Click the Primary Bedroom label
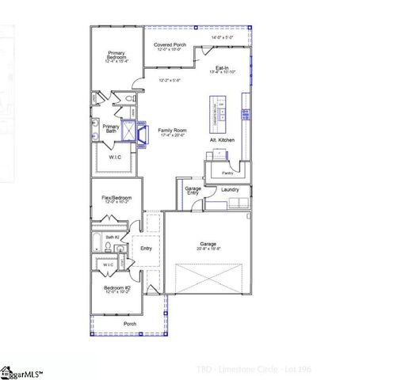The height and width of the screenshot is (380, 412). (x=116, y=55)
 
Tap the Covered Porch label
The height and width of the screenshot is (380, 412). (x=170, y=45)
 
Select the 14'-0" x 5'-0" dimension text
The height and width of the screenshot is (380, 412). (x=223, y=37)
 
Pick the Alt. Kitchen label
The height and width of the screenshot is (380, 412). (x=222, y=140)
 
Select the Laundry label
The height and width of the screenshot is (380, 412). (x=230, y=190)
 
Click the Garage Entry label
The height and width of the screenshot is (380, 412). (x=193, y=190)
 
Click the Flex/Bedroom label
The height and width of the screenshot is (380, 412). (x=116, y=196)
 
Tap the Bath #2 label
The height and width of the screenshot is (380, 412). (x=113, y=237)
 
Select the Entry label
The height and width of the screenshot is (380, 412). (x=146, y=248)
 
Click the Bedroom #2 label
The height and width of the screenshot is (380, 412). (x=116, y=288)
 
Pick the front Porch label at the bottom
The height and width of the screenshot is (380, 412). (x=129, y=324)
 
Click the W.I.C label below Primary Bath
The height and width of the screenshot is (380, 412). (x=116, y=157)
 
